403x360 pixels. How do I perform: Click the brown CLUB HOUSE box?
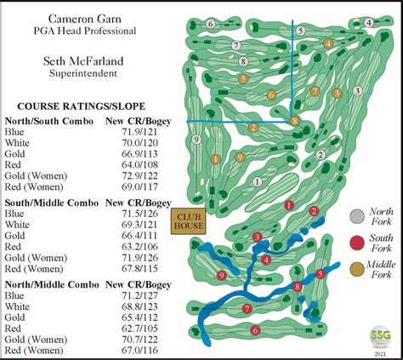coord(186,220)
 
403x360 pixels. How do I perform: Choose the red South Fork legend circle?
coord(358,243)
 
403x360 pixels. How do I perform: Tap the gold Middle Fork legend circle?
coord(358,269)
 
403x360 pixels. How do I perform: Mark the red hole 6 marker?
coord(254,330)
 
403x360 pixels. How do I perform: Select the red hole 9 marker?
coord(222,275)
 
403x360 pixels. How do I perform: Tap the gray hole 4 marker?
coord(367,23)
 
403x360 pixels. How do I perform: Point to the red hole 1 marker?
coord(290,205)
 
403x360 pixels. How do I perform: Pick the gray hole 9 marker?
coord(196,139)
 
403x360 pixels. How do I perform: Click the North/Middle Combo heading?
coord(49,283)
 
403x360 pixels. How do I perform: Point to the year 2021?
coord(380,352)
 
